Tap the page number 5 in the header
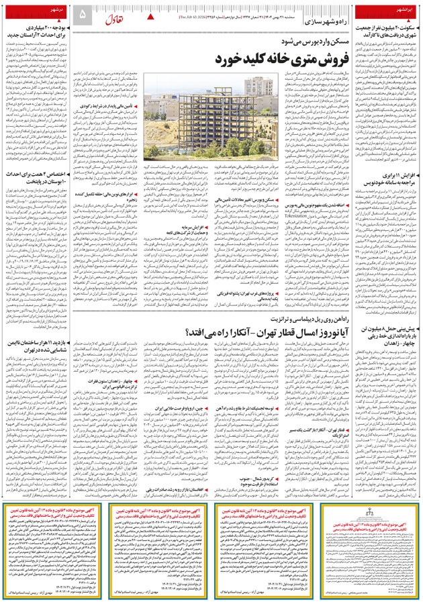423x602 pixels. coord(83,14)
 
